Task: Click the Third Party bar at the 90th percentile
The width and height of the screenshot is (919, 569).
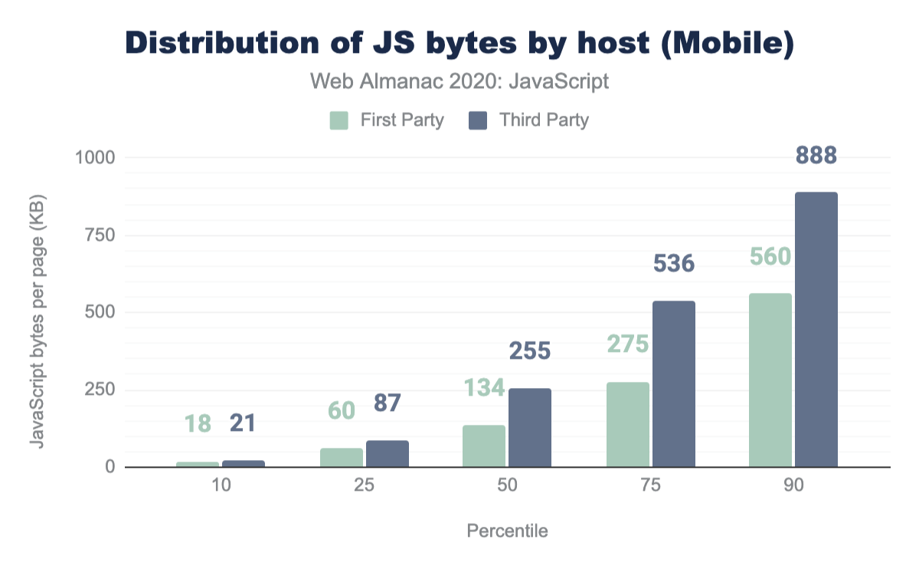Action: pyautogui.click(x=816, y=330)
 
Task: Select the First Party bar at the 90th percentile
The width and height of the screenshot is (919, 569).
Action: pyautogui.click(x=770, y=380)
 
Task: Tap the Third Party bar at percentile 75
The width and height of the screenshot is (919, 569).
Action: pyautogui.click(x=673, y=383)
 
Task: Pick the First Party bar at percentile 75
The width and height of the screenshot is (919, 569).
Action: pyautogui.click(x=627, y=424)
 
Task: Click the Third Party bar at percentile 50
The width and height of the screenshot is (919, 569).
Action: pyautogui.click(x=529, y=427)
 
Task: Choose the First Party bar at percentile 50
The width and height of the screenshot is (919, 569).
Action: pyautogui.click(x=483, y=446)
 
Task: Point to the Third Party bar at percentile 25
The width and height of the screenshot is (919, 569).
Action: pyautogui.click(x=387, y=454)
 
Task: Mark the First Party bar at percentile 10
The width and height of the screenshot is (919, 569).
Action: pyautogui.click(x=198, y=464)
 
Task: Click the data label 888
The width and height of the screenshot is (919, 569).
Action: pyautogui.click(x=816, y=156)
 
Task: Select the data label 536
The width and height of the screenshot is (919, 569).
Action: pyautogui.click(x=673, y=265)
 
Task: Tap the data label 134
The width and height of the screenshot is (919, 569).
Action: pyautogui.click(x=483, y=388)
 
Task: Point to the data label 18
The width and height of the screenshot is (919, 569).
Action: pyautogui.click(x=198, y=423)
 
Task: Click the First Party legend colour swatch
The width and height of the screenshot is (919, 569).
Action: pyautogui.click(x=339, y=120)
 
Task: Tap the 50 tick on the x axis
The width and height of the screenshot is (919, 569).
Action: pyautogui.click(x=506, y=486)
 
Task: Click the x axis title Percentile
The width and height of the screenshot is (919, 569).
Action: pyautogui.click(x=506, y=531)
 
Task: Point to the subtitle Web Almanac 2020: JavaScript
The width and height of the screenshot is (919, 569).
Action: pyautogui.click(x=459, y=81)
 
